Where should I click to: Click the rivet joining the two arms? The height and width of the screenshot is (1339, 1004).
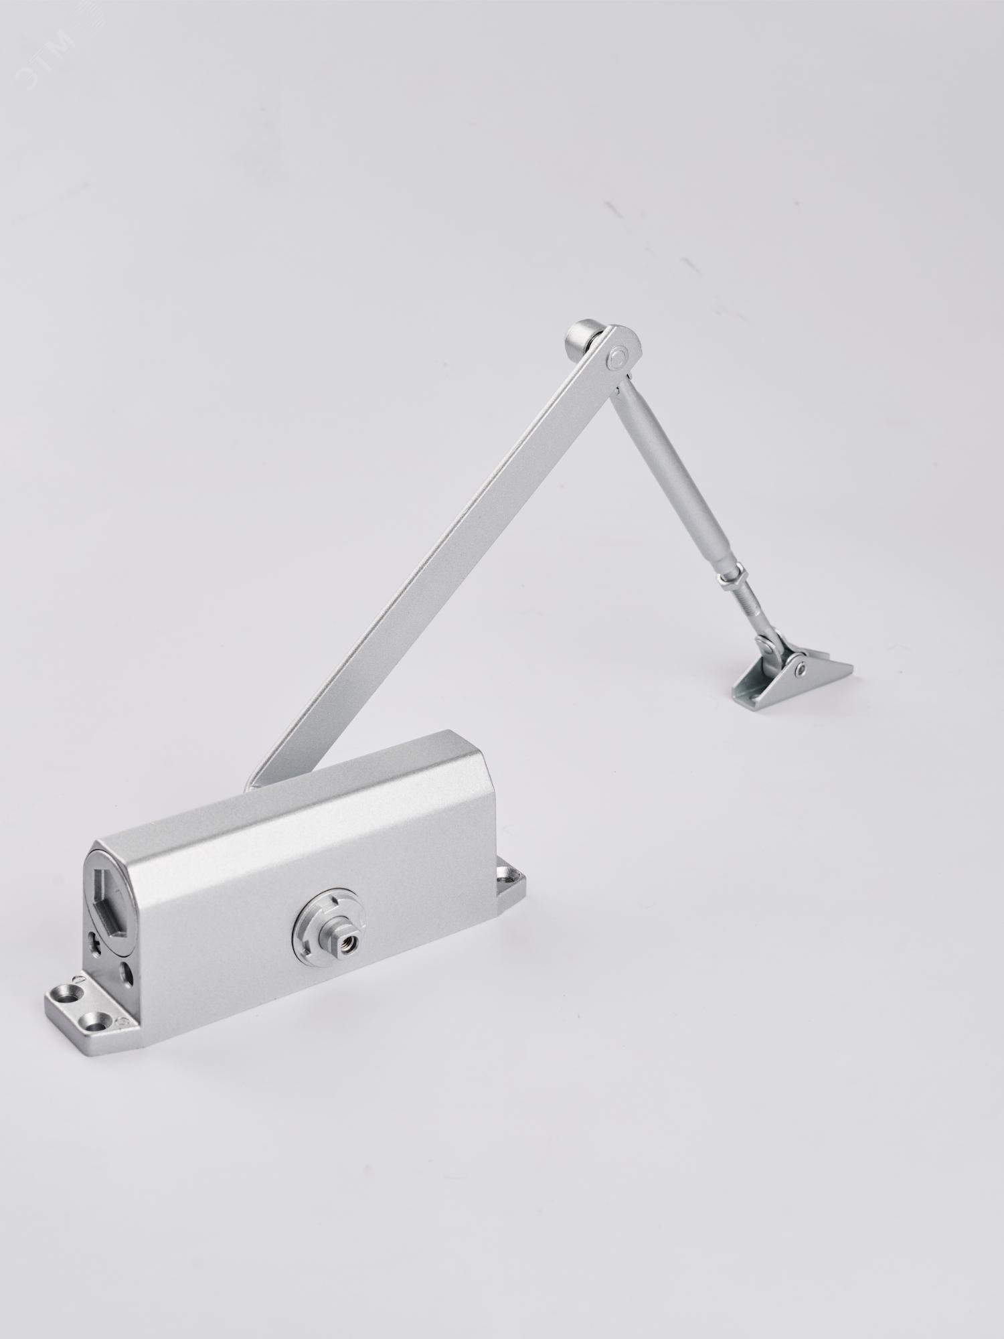click(619, 358)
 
